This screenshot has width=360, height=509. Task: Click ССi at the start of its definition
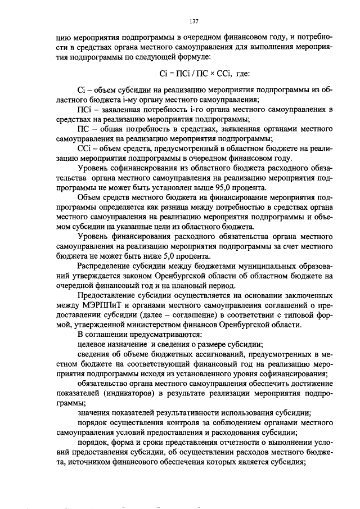click(85, 148)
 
